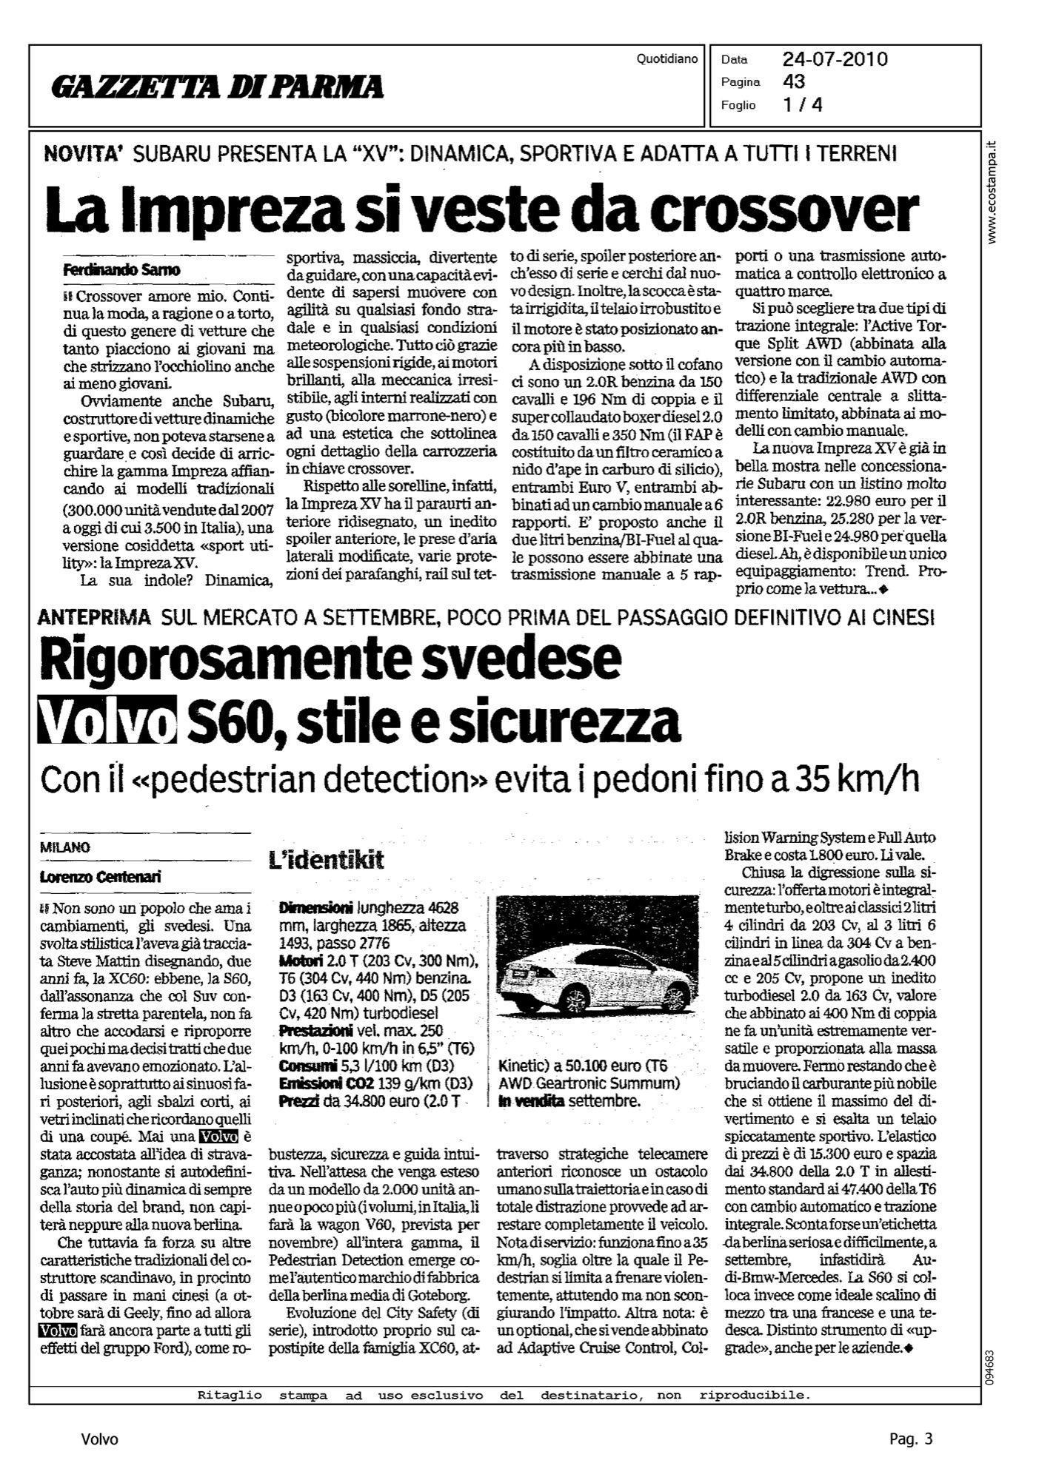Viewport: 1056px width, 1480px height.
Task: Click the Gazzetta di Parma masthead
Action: [217, 87]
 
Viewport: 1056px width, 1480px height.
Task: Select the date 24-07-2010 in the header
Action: [835, 59]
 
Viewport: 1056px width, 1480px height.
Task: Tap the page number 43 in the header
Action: [794, 81]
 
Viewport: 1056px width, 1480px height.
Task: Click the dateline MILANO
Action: [65, 848]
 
